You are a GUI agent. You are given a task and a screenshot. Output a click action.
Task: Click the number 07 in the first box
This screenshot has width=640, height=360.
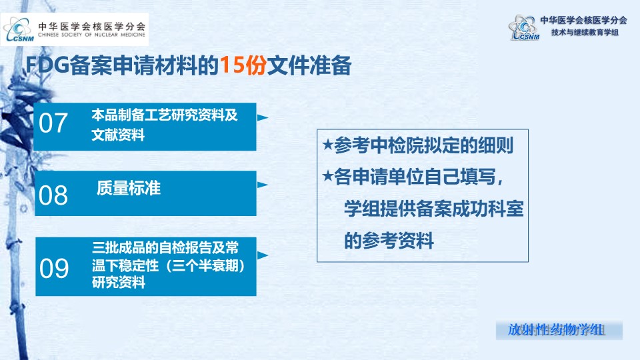[53, 123]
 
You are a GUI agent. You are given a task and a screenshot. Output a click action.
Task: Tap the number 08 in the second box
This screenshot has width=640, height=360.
[53, 195]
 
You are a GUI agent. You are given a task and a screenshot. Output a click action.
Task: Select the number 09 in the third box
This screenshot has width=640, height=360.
[54, 269]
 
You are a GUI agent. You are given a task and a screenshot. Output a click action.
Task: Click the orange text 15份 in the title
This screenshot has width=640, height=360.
[243, 65]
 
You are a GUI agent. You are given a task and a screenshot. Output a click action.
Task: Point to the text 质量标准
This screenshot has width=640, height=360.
[129, 188]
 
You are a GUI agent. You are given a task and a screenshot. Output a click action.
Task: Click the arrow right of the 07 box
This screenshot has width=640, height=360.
[263, 117]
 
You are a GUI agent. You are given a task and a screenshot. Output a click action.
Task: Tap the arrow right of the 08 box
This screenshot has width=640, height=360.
[263, 185]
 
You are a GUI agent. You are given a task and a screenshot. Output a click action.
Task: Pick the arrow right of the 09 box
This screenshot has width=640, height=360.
[263, 255]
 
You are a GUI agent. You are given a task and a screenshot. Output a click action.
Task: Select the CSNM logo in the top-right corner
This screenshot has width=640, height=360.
[524, 28]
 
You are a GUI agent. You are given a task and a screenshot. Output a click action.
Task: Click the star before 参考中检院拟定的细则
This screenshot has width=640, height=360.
[328, 145]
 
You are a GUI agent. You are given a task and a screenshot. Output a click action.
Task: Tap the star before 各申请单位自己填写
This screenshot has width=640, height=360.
[328, 176]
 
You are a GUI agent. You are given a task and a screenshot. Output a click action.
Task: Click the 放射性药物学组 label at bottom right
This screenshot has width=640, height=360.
[555, 330]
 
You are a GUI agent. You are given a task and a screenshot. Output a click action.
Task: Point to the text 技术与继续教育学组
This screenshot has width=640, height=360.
[585, 32]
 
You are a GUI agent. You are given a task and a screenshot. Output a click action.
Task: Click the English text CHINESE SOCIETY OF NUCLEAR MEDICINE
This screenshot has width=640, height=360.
[91, 35]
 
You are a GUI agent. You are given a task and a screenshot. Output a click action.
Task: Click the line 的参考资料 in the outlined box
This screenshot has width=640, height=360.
[389, 241]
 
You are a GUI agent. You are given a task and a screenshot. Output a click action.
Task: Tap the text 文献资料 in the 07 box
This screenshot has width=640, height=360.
[118, 134]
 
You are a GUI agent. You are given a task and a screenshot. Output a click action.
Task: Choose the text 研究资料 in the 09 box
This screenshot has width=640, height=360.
[119, 282]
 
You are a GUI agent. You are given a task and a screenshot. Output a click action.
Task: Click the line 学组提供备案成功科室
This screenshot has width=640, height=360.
[434, 209]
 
